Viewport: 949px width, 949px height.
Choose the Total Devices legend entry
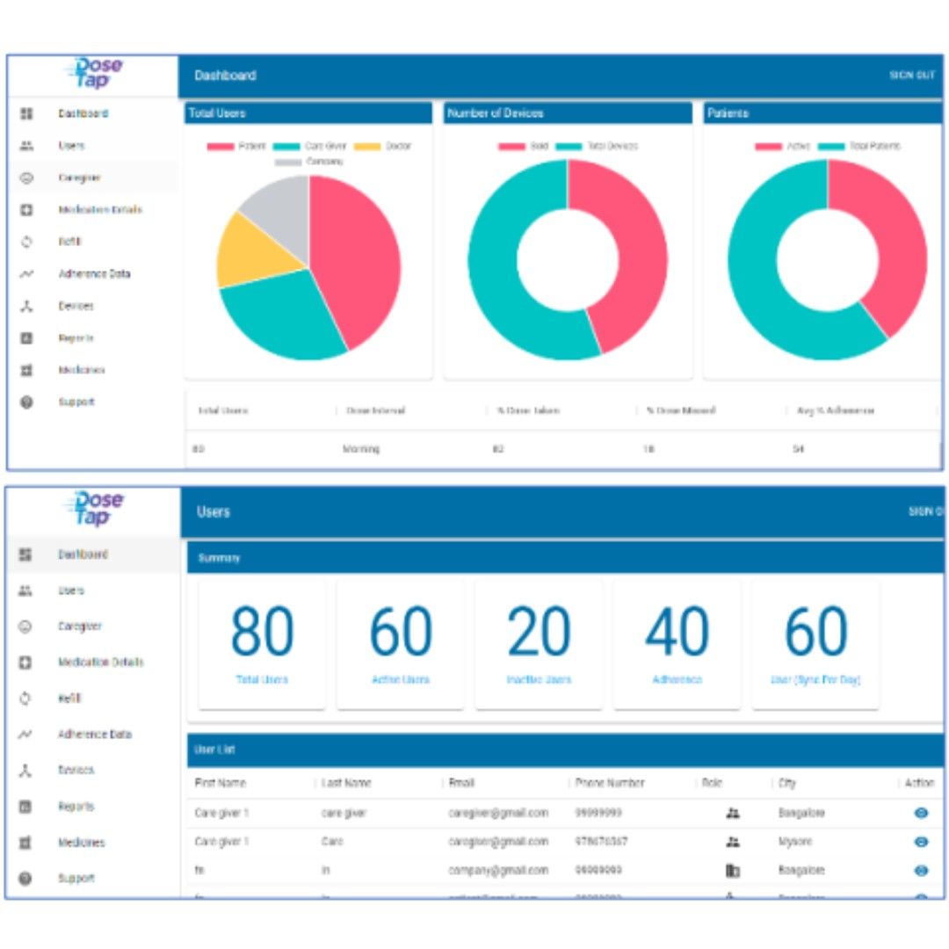click(612, 147)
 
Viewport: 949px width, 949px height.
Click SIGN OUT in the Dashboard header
click(911, 76)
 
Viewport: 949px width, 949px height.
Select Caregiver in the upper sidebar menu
click(79, 177)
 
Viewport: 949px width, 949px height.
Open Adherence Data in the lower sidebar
click(95, 734)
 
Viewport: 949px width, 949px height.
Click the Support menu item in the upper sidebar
click(76, 402)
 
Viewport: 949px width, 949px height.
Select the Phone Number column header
click(610, 783)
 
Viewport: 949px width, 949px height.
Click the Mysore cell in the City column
click(795, 842)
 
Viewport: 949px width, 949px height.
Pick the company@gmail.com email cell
click(498, 870)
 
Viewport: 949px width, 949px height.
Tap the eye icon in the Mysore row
click(921, 842)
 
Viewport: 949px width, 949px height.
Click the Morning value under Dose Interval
click(361, 449)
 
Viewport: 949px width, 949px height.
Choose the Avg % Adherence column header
click(834, 410)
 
